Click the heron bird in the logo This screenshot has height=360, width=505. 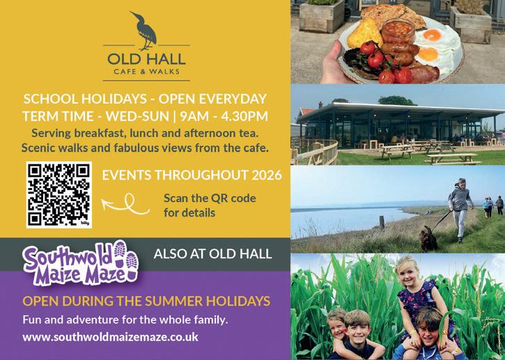tap(146, 31)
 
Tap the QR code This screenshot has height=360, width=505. tap(59, 195)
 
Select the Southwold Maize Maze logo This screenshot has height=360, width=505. tap(81, 263)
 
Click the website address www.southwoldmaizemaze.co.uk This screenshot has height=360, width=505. tap(111, 337)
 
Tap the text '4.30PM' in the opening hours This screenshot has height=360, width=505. tap(244, 116)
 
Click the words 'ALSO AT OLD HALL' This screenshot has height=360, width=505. tap(213, 253)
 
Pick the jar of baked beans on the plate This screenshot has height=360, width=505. tap(398, 31)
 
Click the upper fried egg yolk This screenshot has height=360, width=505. tap(432, 35)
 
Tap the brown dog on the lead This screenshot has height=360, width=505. tap(428, 239)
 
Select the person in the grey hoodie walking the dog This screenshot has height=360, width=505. tap(460, 210)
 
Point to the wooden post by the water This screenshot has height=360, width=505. tap(382, 222)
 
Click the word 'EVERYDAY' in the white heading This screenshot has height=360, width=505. tap(233, 99)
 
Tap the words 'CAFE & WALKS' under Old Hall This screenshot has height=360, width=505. tap(146, 72)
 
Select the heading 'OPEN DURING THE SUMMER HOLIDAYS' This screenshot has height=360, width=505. tap(146, 301)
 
